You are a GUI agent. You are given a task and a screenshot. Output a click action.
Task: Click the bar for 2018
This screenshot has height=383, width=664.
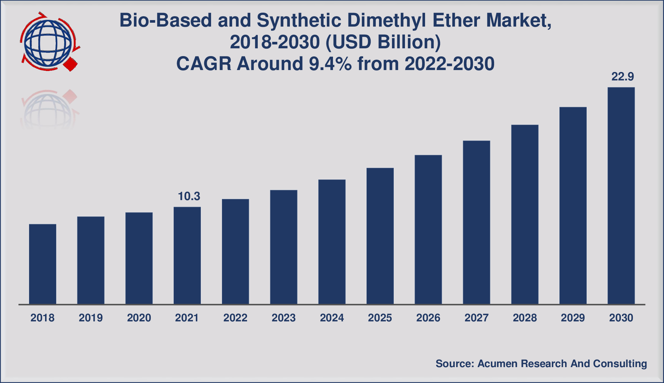click(42, 264)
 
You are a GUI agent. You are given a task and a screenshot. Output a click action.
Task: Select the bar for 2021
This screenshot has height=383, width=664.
click(187, 256)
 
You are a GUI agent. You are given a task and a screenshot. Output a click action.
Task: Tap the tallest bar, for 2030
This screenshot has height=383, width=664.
click(621, 196)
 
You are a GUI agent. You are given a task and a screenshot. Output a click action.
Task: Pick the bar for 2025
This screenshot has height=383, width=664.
click(380, 236)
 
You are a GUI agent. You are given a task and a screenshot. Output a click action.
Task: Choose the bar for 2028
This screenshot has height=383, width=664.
click(525, 214)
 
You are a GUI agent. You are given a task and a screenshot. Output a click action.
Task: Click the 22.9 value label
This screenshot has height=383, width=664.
click(622, 77)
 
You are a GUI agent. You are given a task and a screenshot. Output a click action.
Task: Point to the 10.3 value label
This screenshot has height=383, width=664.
click(189, 196)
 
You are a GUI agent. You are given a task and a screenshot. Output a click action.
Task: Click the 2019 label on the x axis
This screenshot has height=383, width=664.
click(91, 318)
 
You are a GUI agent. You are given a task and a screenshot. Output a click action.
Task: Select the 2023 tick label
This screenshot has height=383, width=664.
click(283, 318)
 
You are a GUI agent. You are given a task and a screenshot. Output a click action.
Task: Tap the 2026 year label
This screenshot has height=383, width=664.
click(428, 318)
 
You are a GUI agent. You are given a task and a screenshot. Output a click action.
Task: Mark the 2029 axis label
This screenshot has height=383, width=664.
click(573, 318)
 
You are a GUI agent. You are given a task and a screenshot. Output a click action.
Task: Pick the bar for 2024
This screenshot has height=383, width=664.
click(332, 242)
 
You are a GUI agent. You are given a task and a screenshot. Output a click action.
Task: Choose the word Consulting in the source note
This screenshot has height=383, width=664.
click(620, 364)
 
